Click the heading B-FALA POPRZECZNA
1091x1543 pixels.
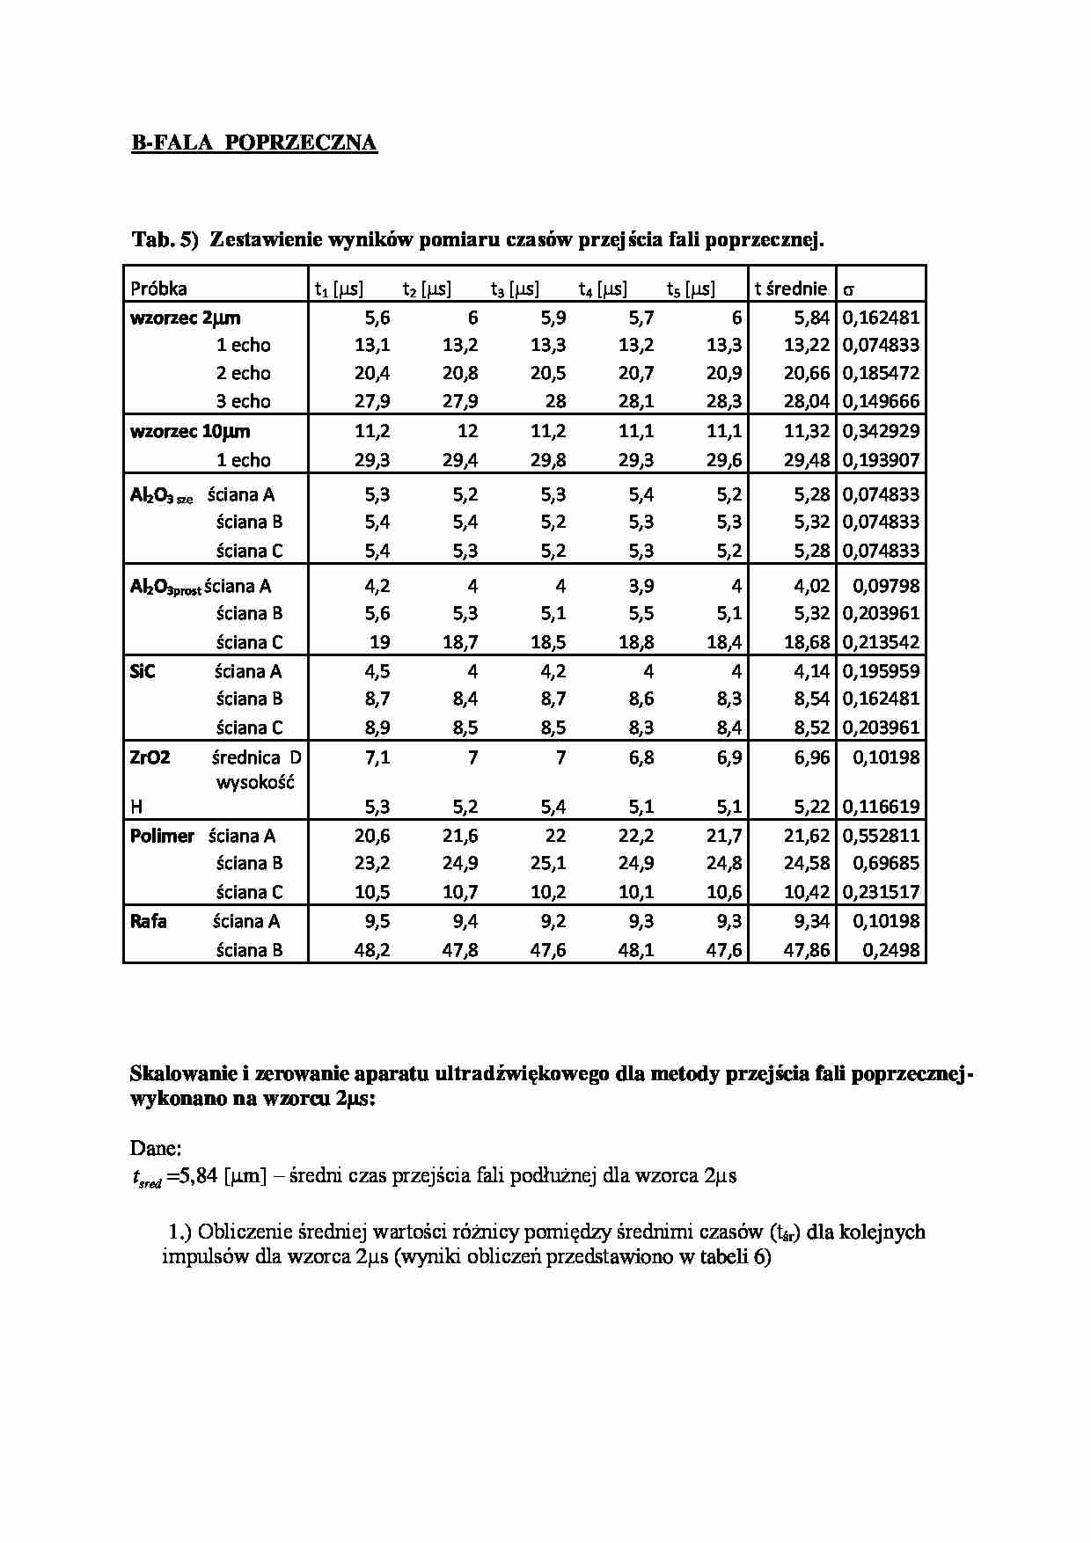[254, 143]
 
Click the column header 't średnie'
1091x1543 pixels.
[790, 289]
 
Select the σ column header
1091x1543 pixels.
[849, 289]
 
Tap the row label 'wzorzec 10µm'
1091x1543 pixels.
[189, 431]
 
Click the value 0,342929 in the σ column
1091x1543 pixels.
[881, 431]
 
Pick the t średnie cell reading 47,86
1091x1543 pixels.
[806, 950]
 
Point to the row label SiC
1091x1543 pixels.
[143, 671]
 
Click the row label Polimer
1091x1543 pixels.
[162, 836]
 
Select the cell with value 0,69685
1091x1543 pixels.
[886, 863]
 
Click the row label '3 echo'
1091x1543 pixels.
[244, 401]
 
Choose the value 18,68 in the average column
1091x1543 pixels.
[806, 642]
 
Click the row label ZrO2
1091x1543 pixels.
[150, 757]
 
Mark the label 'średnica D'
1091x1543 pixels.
[256, 757]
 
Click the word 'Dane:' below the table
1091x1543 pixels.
[156, 1147]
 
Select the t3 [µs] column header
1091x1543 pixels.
[515, 289]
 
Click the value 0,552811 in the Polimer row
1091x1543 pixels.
[881, 836]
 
